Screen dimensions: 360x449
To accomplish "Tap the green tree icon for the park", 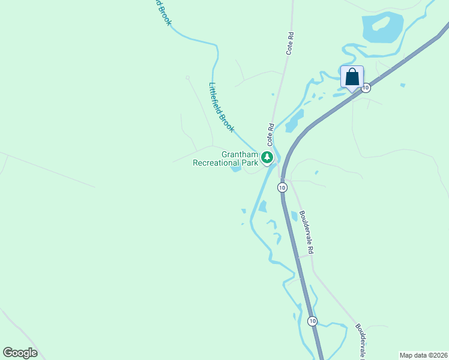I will pyautogui.click(x=267, y=158).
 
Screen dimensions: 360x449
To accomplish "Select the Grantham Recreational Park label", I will pyautogui.click(x=226, y=158).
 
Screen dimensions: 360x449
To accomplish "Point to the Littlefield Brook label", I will pyautogui.click(x=221, y=107).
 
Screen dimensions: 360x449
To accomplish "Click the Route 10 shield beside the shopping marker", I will pyautogui.click(x=366, y=88).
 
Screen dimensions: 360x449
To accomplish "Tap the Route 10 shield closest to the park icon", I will pyautogui.click(x=282, y=188).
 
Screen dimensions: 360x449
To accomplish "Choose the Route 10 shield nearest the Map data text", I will pyautogui.click(x=312, y=321).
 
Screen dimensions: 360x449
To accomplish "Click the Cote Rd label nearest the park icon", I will pyautogui.click(x=271, y=135).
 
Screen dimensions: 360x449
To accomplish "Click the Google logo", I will pyautogui.click(x=20, y=353).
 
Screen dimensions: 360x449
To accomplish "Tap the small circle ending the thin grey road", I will pyautogui.click(x=187, y=77).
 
